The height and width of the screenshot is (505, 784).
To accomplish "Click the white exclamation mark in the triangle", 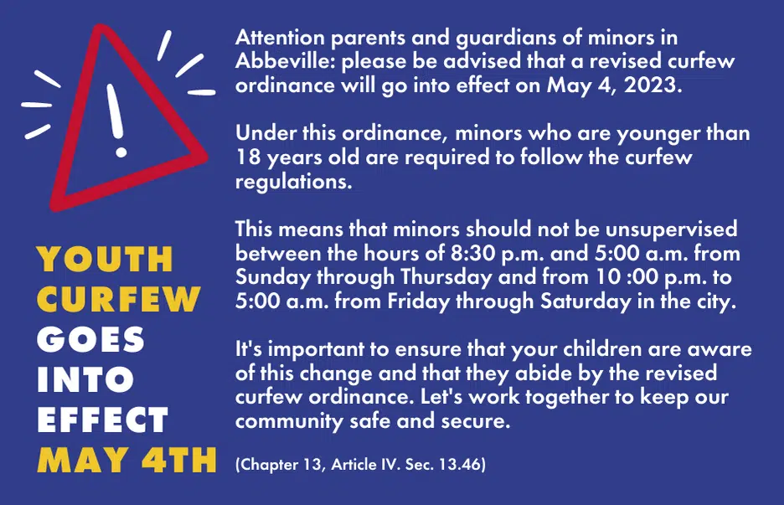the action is tap(116, 120).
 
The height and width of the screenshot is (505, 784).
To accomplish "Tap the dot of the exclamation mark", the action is tap(121, 152).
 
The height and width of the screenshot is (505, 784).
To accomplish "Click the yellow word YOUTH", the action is tap(105, 259).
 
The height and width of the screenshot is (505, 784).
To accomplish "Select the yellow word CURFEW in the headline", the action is tap(118, 299).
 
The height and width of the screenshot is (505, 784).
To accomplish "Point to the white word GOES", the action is tap(90, 339).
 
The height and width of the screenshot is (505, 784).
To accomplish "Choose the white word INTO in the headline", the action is tap(85, 379).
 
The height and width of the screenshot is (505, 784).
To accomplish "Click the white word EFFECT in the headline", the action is tap(102, 420).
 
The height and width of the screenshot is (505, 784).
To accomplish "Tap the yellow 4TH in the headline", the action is tap(179, 460).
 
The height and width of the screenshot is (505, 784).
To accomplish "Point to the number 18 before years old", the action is tap(248, 157).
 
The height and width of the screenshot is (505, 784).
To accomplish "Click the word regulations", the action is tap(293, 182).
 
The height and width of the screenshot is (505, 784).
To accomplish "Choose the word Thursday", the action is tap(446, 277).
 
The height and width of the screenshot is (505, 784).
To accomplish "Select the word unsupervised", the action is tap(671, 229).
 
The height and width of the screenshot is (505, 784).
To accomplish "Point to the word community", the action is tap(289, 421).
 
